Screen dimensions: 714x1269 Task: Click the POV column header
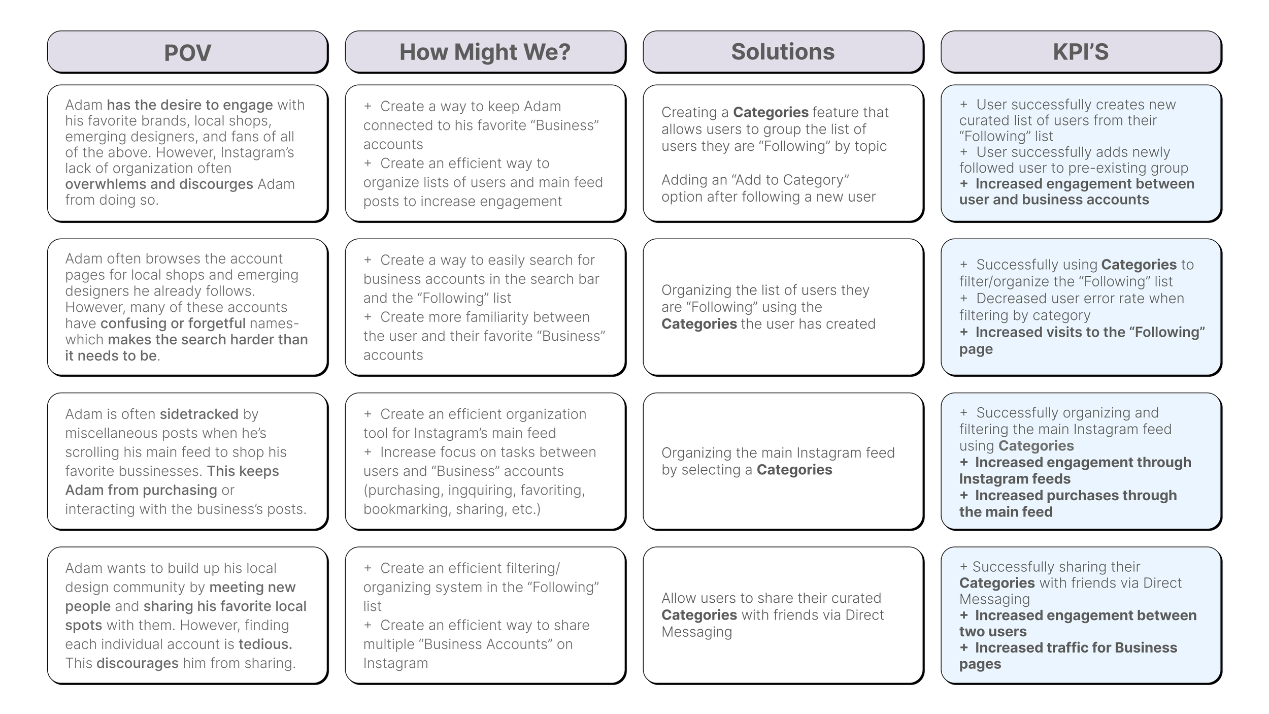[x=187, y=52]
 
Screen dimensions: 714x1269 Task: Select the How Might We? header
[x=485, y=52]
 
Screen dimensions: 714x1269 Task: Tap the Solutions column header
[x=783, y=52]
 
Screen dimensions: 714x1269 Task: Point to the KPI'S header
[x=1081, y=52]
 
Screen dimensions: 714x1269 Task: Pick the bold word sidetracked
[x=198, y=414]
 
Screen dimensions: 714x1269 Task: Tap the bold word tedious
[x=265, y=644]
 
